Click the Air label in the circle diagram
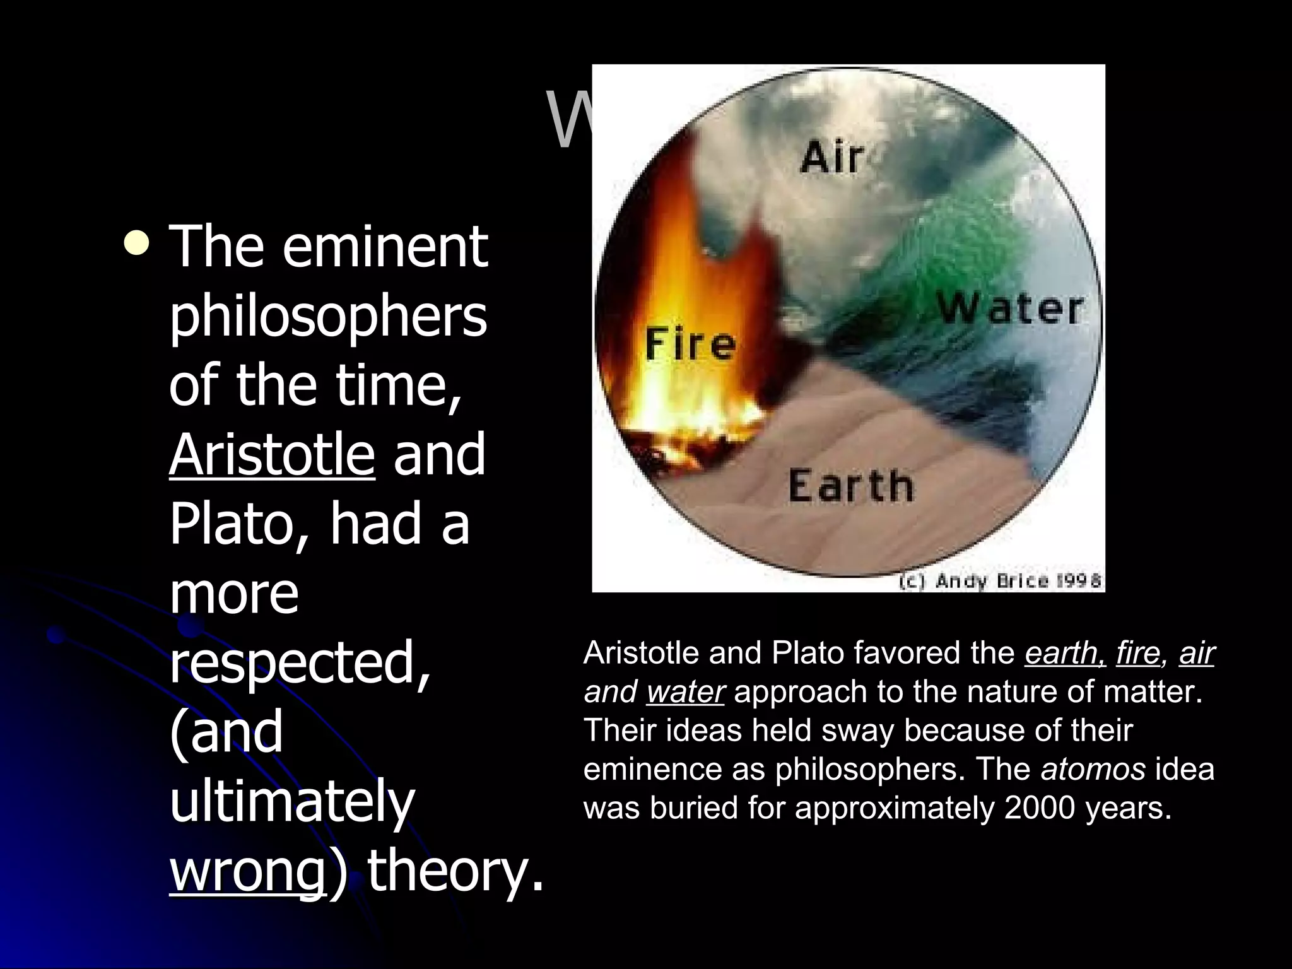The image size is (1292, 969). (831, 156)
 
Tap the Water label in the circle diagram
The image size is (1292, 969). (1010, 309)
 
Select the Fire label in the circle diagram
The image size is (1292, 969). (690, 345)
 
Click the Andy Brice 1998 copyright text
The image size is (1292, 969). (999, 580)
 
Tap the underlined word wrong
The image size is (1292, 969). (247, 872)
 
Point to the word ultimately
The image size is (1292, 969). (292, 802)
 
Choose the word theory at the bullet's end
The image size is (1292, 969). (454, 872)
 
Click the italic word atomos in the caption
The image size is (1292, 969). (1093, 769)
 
